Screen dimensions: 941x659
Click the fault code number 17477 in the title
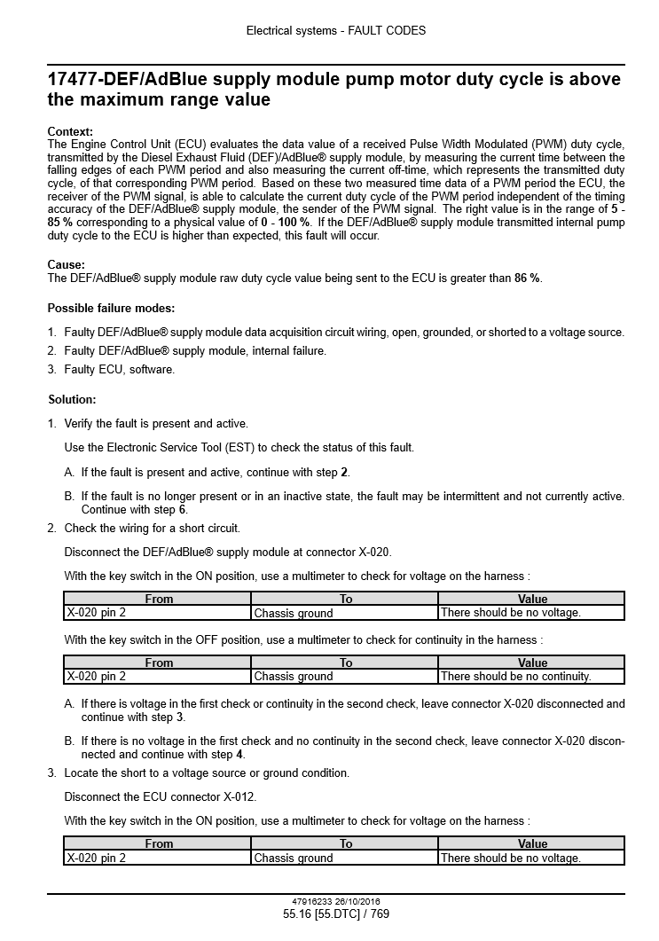click(x=74, y=80)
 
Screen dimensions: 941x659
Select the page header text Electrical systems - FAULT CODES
click(x=335, y=30)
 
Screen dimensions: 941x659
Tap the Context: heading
click(x=70, y=131)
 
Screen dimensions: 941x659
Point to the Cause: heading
click(x=67, y=264)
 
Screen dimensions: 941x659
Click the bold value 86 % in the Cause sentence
click(x=527, y=278)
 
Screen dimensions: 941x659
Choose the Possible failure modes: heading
click(x=111, y=308)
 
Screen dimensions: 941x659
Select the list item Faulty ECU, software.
click(x=119, y=369)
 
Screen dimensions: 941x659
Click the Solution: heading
click(x=72, y=399)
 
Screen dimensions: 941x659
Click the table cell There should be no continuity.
click(x=515, y=677)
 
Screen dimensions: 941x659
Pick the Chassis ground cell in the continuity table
click(x=294, y=677)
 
